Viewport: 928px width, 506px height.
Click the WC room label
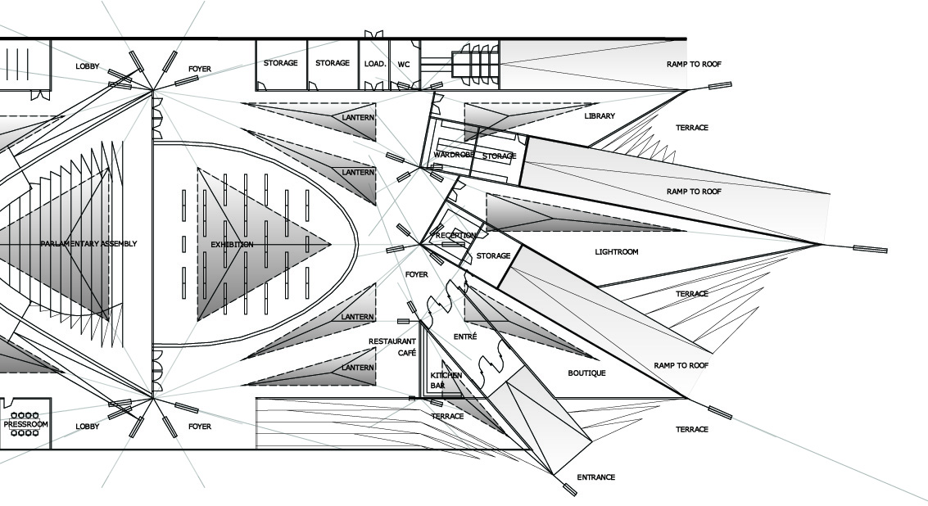[x=404, y=63]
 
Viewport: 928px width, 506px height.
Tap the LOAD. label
[x=375, y=63]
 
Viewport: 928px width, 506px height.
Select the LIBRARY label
[x=600, y=116]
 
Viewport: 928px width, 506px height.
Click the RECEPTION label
[x=456, y=236]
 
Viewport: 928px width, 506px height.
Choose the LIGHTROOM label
[x=616, y=252]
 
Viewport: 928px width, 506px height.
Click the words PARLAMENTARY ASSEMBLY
[x=88, y=244]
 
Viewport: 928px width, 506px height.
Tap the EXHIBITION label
[x=232, y=245]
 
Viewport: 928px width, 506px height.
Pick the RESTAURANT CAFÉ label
[x=392, y=346]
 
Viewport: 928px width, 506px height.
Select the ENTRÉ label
[x=464, y=337]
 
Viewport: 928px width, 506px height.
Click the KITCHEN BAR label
[x=446, y=379]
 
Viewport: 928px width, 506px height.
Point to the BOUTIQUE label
[x=587, y=373]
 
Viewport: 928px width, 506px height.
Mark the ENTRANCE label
[x=595, y=477]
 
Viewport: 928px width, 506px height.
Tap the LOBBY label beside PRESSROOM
[x=87, y=427]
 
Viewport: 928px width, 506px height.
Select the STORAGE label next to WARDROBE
[x=499, y=156]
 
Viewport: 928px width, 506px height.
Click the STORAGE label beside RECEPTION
[x=493, y=256]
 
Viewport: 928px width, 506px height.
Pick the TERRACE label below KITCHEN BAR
[x=447, y=417]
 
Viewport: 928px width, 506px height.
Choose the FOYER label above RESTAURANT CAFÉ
[x=416, y=275]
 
